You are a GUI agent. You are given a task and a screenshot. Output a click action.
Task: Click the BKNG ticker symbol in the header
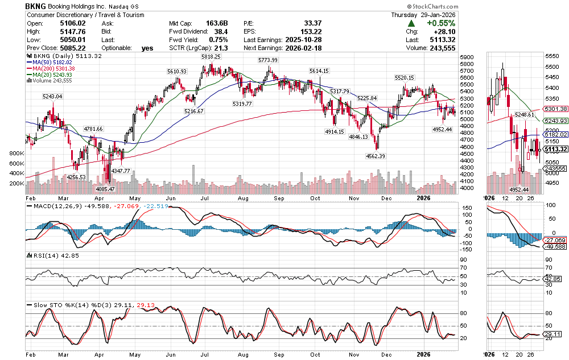tap(36, 5)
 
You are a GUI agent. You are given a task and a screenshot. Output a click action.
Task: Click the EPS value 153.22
tap(310, 32)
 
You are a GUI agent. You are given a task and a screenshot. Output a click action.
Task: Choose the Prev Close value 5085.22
tap(71, 48)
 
